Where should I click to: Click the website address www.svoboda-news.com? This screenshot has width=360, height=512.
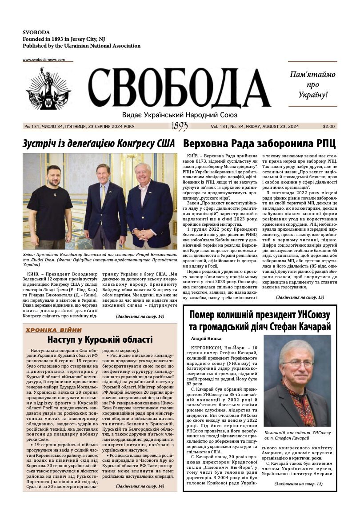tap(44, 60)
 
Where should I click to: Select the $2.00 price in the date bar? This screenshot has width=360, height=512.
tap(329, 127)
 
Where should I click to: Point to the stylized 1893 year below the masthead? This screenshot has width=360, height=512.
tap(180, 127)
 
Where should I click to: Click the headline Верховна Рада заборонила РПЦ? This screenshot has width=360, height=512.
tap(259, 144)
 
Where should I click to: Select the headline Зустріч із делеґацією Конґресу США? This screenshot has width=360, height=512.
tap(99, 144)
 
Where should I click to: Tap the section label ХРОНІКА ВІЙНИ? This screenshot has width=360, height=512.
tap(54, 330)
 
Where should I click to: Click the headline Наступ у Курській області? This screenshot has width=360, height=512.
tap(100, 340)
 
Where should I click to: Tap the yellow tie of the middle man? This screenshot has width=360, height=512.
tap(103, 194)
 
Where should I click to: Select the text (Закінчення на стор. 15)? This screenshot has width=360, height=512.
tap(300, 297)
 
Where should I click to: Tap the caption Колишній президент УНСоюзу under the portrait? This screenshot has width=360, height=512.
tap(297, 432)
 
